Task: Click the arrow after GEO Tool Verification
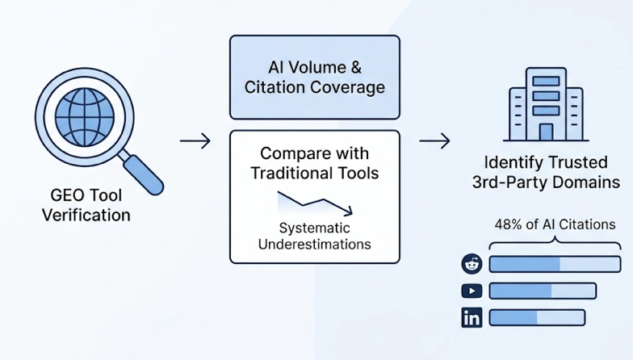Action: pyautogui.click(x=195, y=142)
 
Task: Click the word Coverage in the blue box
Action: pyautogui.click(x=346, y=87)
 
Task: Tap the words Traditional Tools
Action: pyautogui.click(x=314, y=173)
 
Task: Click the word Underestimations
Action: pyautogui.click(x=314, y=244)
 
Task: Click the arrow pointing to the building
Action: pyautogui.click(x=434, y=142)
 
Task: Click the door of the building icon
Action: pyautogui.click(x=547, y=131)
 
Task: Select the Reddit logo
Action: pyautogui.click(x=472, y=264)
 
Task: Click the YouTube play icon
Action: pyautogui.click(x=472, y=291)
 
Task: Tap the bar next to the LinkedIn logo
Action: pyautogui.click(x=537, y=317)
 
